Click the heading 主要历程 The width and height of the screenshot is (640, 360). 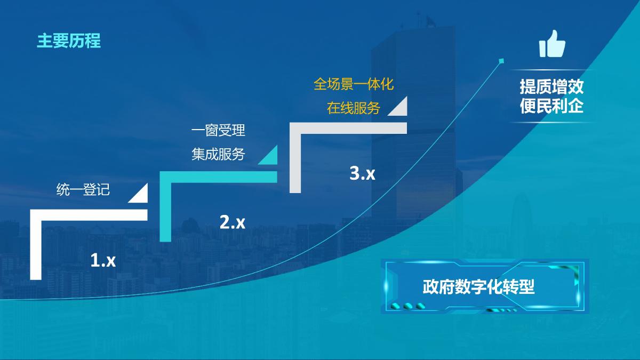click(69, 41)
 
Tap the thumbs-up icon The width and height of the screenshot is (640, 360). click(552, 44)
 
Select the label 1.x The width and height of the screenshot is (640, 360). click(103, 260)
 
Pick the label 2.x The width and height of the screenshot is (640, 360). click(233, 222)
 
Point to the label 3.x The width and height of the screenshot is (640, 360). click(362, 173)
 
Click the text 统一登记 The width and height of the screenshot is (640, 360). click(83, 189)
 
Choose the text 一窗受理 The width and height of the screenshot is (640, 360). click(218, 131)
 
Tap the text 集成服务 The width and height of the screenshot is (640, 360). click(218, 154)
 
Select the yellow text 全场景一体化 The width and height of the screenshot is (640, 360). click(354, 84)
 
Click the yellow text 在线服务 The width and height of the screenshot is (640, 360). click(354, 108)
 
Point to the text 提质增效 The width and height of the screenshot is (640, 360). click(551, 86)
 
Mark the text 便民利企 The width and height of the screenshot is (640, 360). click(551, 106)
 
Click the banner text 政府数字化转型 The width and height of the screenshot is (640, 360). click(478, 286)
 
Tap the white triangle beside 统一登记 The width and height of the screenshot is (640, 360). click(141, 196)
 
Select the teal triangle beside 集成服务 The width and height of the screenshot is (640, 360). click(271, 158)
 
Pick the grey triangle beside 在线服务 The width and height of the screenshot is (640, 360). click(401, 109)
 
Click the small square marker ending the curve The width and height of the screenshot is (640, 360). click(501, 61)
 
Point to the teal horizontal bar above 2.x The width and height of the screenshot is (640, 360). click(218, 177)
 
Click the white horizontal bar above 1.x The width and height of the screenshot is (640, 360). click(89, 215)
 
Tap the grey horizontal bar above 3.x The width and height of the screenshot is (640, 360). click(348, 128)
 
